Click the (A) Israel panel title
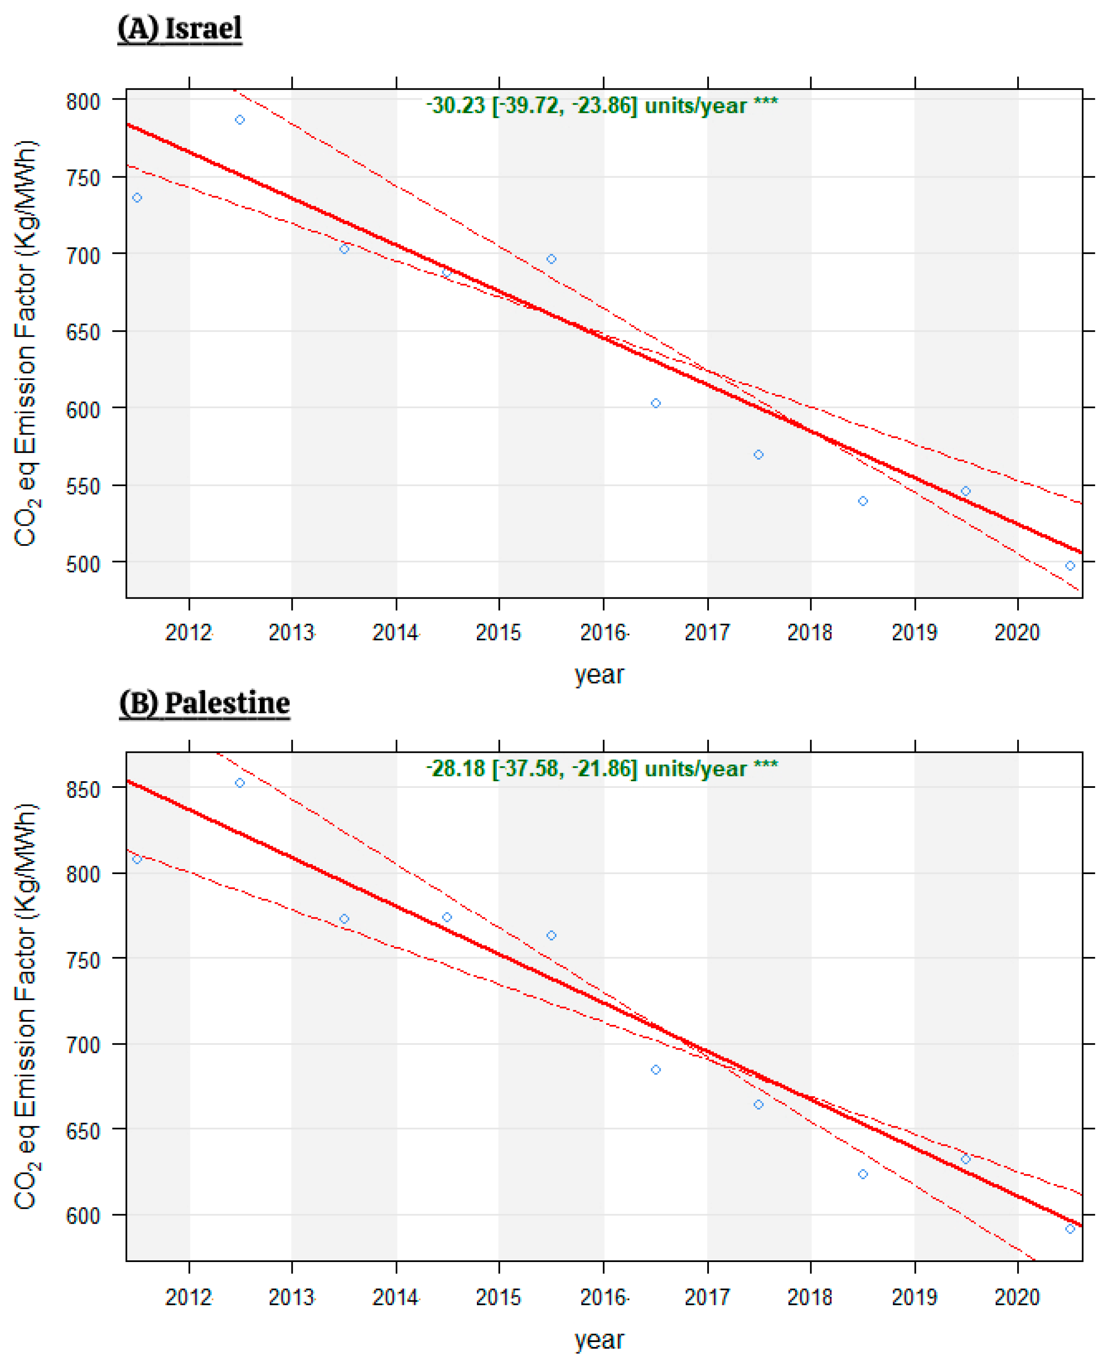tap(180, 29)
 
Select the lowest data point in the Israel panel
tap(1070, 565)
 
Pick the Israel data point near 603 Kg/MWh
tap(656, 403)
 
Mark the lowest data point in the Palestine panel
tap(1070, 1229)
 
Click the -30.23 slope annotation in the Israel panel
tap(602, 105)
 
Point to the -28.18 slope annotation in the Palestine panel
tap(602, 768)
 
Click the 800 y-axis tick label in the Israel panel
tap(84, 102)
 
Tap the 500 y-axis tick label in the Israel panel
tap(84, 564)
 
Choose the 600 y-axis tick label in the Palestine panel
tap(84, 1215)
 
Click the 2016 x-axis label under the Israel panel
tap(603, 632)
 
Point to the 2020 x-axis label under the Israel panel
tap(1017, 632)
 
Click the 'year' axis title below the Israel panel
tap(599, 674)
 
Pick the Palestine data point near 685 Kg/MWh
tap(656, 1070)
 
